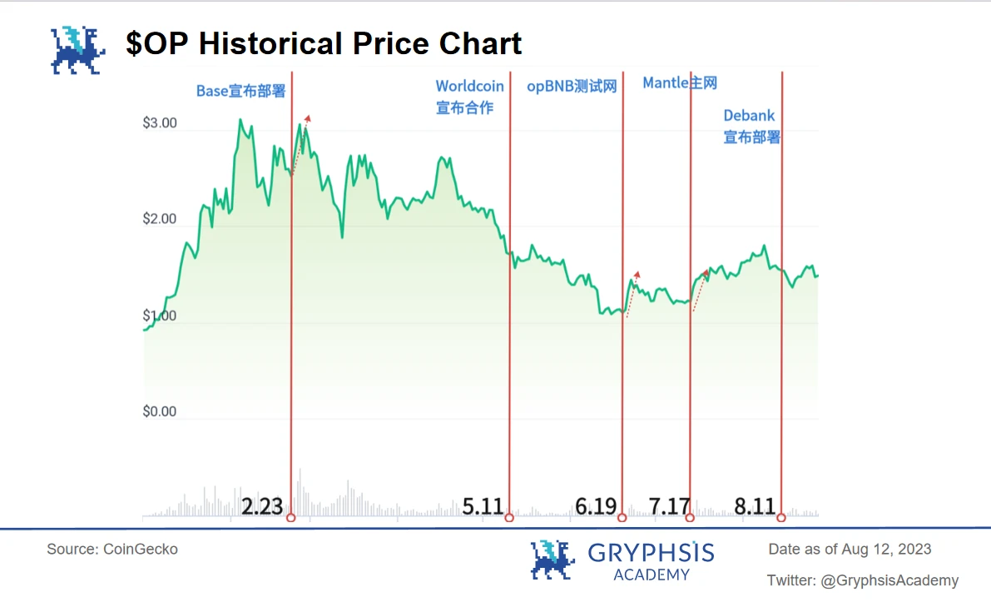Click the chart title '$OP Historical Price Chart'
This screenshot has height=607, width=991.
point(324,43)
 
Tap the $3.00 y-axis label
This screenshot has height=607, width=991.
point(160,123)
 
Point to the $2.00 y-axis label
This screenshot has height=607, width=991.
point(160,219)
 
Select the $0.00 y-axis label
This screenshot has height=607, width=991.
point(160,411)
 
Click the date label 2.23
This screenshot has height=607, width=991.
point(262,505)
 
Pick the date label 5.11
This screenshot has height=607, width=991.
point(483,505)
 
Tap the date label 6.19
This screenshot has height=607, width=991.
point(596,505)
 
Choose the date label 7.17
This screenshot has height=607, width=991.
point(670,505)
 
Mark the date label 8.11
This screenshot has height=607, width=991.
point(755,505)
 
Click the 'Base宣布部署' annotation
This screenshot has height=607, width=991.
point(240,91)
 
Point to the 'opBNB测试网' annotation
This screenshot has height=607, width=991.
point(572,87)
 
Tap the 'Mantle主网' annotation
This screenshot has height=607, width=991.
point(680,82)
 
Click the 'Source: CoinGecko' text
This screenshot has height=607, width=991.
point(112,549)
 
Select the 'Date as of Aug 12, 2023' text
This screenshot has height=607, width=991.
point(850,549)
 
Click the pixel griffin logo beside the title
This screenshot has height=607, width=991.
point(77,50)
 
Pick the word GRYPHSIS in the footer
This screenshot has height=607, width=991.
point(651,552)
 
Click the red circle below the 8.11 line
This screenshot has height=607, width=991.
point(780,518)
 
